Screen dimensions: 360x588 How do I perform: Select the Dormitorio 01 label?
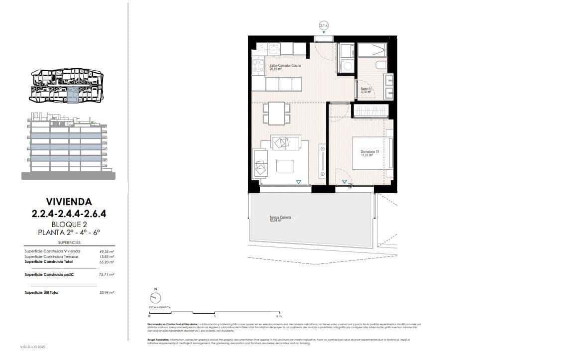coord(370,153)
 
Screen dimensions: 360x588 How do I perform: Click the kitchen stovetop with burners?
coord(258,66)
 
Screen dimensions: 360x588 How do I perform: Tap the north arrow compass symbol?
coord(156,297)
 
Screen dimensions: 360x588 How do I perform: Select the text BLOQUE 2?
coord(69,224)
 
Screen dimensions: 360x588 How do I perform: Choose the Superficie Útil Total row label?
coord(41,292)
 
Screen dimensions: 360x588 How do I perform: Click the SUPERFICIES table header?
coord(69,242)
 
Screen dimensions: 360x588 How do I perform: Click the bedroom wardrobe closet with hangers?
coord(370,110)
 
